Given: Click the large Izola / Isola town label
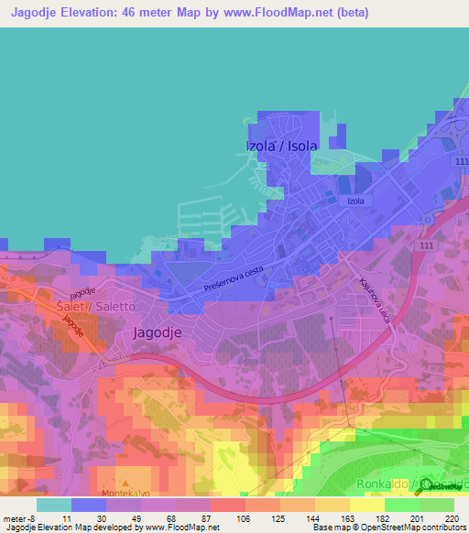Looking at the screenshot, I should (x=281, y=146).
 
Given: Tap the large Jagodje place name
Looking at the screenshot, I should (x=164, y=333).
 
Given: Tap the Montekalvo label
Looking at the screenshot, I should (x=125, y=493).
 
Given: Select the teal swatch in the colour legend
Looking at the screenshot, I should (x=54, y=505).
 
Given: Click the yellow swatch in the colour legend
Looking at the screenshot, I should (x=367, y=505).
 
